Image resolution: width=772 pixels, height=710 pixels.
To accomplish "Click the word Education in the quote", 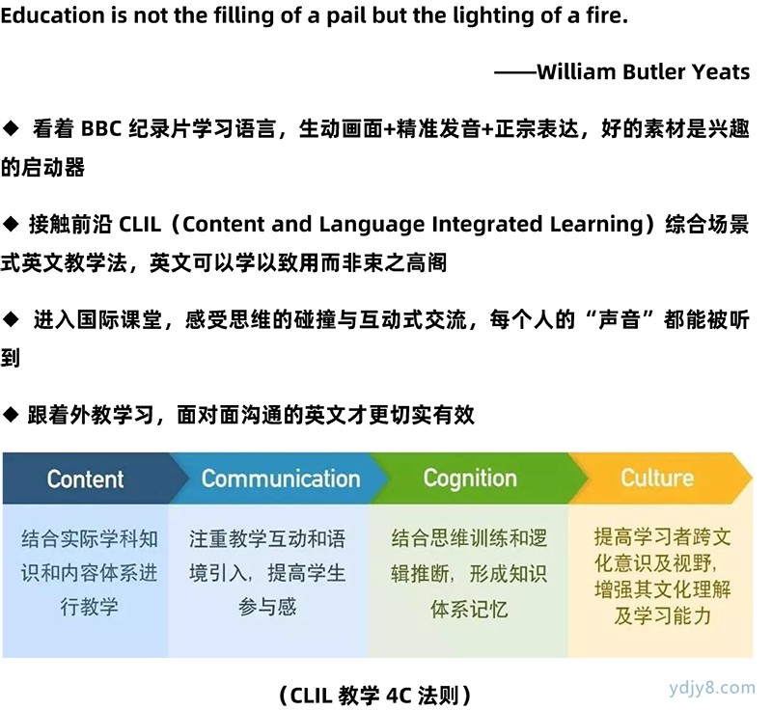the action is click(x=53, y=15).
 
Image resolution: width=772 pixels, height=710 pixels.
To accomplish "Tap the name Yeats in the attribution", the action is click(x=721, y=71).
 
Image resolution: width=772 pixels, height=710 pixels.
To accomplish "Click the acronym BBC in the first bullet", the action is click(x=101, y=129).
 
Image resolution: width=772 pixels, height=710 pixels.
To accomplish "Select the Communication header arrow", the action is click(x=279, y=478).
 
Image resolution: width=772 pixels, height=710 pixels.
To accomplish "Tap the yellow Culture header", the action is click(x=660, y=478).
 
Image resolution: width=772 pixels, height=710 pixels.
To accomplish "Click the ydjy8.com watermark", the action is click(x=712, y=687).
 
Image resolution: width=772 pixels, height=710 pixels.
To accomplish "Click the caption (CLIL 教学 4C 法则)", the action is click(x=375, y=696).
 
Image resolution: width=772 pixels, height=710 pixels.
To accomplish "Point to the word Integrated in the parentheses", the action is click(x=487, y=225).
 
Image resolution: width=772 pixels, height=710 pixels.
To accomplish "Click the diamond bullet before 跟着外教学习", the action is click(x=11, y=415).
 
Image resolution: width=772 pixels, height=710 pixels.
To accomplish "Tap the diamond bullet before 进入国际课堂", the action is click(x=11, y=320).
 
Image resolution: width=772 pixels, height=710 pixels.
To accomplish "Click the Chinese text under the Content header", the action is click(x=90, y=573).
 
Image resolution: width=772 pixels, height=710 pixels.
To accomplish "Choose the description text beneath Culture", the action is click(x=663, y=576).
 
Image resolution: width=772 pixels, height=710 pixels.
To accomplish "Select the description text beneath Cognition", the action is click(x=469, y=574).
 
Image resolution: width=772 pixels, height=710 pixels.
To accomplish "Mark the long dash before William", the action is click(x=515, y=72).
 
